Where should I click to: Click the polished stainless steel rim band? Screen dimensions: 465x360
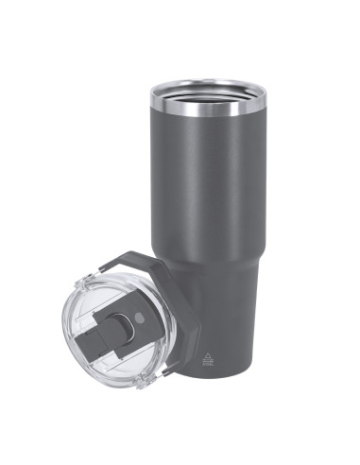[x=208, y=107]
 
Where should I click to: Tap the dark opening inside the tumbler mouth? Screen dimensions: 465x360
[x=208, y=91]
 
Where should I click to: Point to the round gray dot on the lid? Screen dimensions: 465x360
[x=142, y=318]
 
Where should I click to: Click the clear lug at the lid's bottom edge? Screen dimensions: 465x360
[x=142, y=383]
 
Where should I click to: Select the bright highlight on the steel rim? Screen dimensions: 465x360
[x=180, y=106]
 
